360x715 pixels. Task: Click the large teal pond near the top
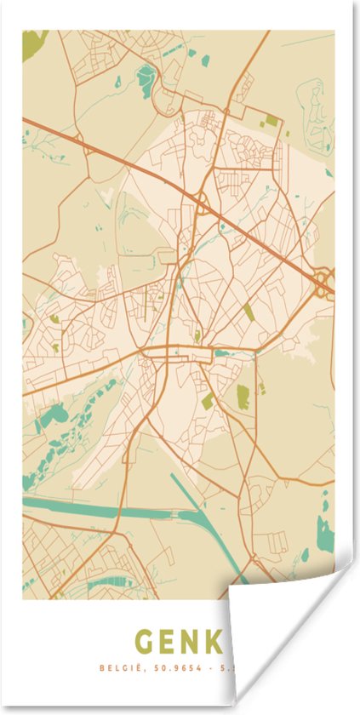(x=147, y=77)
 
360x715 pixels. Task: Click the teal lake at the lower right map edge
(x=325, y=532)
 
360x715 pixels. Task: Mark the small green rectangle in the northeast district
(x=271, y=121)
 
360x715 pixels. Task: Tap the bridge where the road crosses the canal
(x=119, y=512)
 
